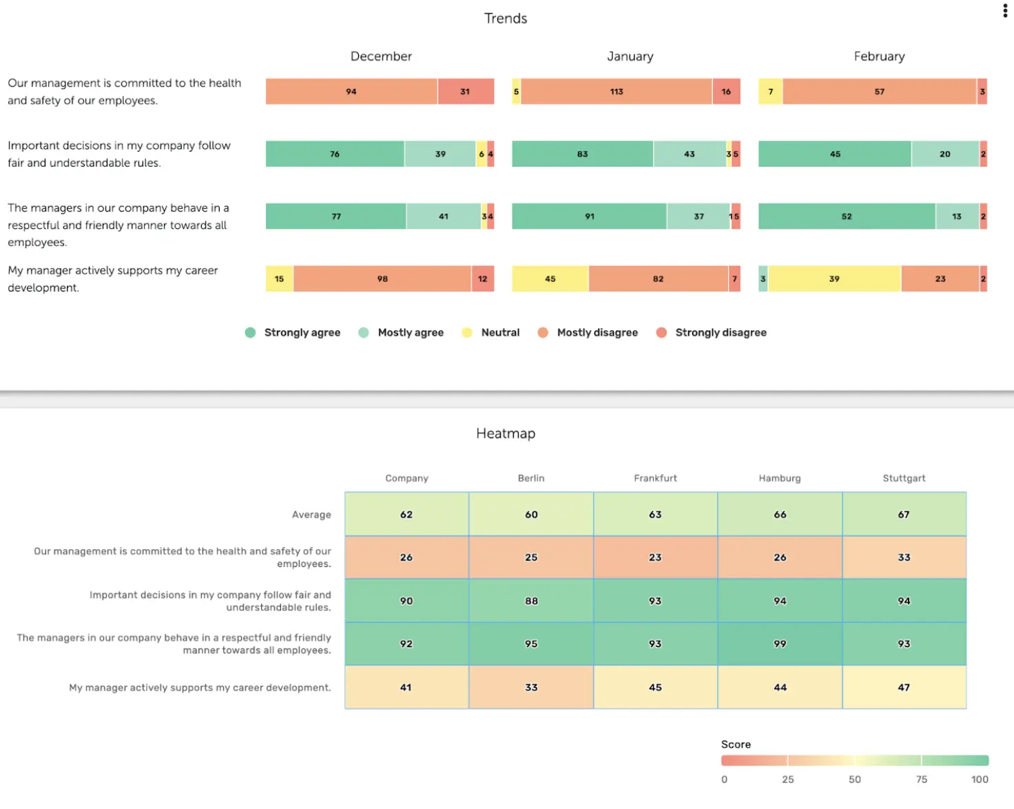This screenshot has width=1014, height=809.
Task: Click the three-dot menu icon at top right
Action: click(1005, 10)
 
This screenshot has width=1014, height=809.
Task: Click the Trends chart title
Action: click(506, 19)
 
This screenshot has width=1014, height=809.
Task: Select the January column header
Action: click(630, 57)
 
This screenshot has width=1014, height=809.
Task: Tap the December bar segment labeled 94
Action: click(351, 92)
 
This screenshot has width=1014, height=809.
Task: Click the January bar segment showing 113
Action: click(616, 92)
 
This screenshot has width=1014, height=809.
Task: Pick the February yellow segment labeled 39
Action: click(834, 279)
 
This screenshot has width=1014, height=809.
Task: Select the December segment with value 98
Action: click(382, 279)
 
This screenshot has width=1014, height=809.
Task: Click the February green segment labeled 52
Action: click(847, 216)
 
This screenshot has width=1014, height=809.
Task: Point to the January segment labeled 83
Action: click(582, 154)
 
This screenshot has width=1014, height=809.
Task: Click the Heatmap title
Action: click(506, 433)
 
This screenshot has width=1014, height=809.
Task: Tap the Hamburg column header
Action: click(780, 478)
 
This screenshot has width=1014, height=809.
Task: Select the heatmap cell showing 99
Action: click(780, 644)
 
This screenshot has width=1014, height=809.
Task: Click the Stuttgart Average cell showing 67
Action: click(904, 515)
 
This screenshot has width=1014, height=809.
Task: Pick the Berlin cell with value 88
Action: click(531, 601)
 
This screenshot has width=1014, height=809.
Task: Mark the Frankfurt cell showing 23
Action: click(655, 557)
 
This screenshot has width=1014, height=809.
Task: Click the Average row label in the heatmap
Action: click(311, 515)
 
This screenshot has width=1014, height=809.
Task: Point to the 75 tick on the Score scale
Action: click(921, 779)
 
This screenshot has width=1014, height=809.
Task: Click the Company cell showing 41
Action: click(406, 688)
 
